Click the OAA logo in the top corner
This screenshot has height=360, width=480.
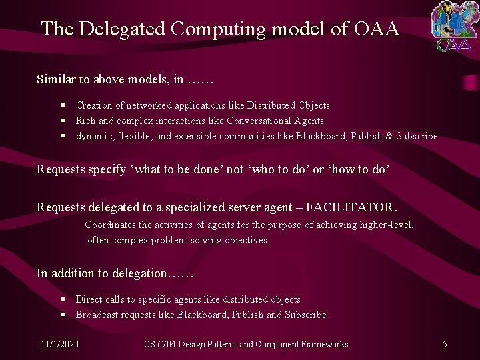(453, 26)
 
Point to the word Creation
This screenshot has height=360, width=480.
(94, 105)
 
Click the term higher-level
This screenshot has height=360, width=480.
(386, 225)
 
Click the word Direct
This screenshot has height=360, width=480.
(89, 299)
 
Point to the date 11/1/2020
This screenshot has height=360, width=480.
(59, 344)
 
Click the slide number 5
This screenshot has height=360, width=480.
(445, 344)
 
